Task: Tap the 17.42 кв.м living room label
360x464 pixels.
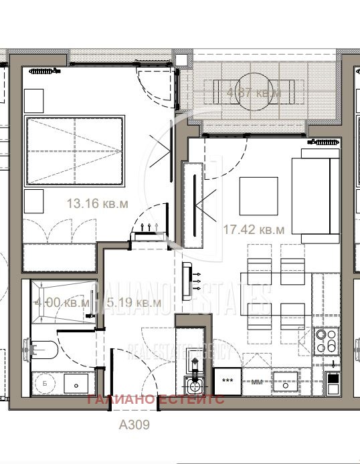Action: (253, 229)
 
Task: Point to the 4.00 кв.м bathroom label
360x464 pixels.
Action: (61, 303)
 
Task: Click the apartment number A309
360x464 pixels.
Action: (134, 425)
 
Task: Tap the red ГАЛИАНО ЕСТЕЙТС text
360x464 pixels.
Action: (156, 400)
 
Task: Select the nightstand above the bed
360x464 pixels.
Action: (33, 101)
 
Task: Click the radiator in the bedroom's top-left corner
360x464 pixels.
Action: (48, 69)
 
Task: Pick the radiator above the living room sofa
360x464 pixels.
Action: (324, 141)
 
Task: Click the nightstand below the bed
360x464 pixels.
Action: (33, 200)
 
